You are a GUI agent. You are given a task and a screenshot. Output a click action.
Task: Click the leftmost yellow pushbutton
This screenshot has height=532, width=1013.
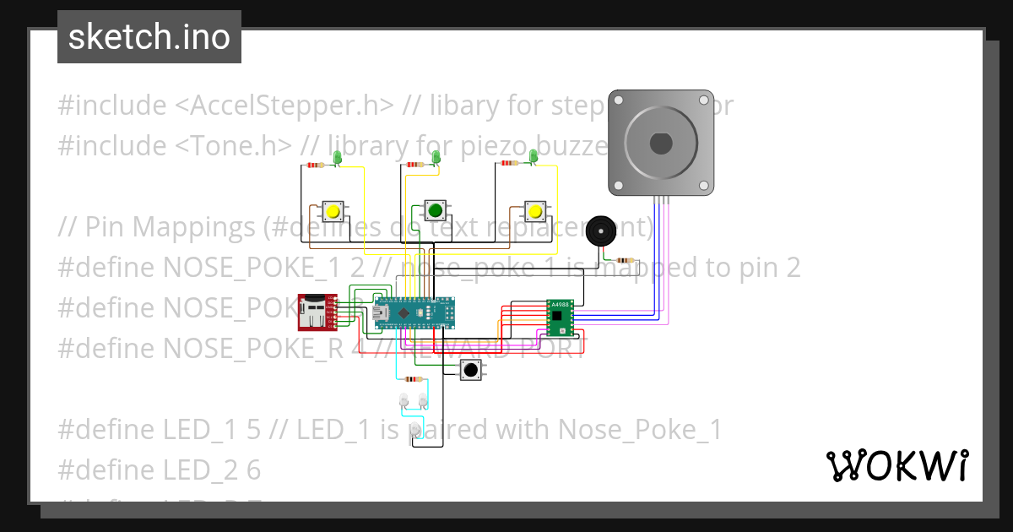pyautogui.click(x=333, y=211)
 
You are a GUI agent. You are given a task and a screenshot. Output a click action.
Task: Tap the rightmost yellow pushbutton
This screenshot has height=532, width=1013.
pyautogui.click(x=534, y=211)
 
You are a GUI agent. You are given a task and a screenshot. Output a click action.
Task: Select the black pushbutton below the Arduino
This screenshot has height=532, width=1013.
pyautogui.click(x=470, y=370)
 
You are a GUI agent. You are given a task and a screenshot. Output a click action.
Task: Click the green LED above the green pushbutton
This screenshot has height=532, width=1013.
pyautogui.click(x=436, y=158)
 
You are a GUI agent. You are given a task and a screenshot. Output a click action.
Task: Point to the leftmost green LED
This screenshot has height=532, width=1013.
pyautogui.click(x=337, y=158)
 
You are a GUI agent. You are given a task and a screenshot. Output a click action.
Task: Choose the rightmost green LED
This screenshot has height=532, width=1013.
pyautogui.click(x=534, y=156)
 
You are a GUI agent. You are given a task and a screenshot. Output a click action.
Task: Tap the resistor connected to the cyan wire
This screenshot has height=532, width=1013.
pyautogui.click(x=414, y=379)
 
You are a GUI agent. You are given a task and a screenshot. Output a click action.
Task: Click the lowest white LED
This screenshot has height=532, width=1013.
pyautogui.click(x=414, y=431)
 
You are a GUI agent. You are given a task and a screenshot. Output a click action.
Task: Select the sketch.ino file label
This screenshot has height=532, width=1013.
pyautogui.click(x=149, y=37)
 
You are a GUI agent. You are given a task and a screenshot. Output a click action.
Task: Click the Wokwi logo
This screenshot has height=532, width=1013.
pyautogui.click(x=896, y=465)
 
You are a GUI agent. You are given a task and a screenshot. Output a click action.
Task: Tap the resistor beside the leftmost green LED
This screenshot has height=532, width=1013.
pyautogui.click(x=316, y=166)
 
